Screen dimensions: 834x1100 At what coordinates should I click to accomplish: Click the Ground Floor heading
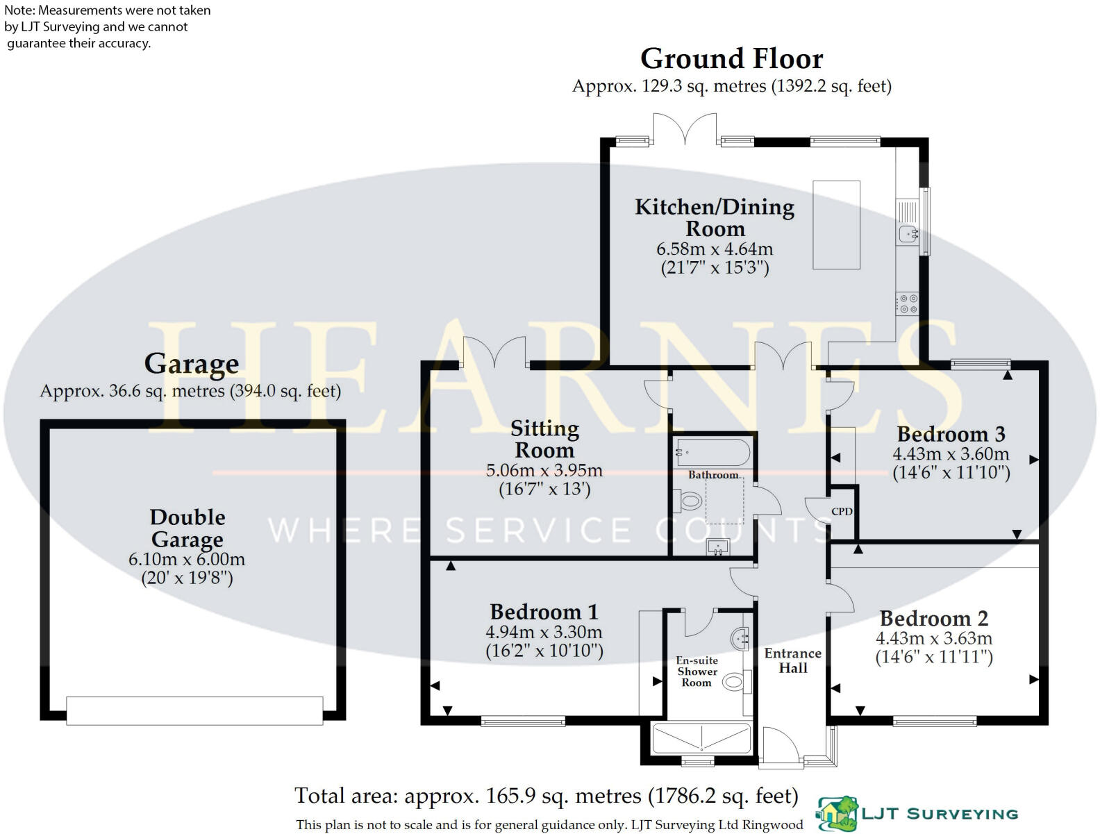point(731,59)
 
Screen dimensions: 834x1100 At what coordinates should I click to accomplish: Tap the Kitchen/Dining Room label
point(715,217)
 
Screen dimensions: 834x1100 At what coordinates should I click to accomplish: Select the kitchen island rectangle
point(836,224)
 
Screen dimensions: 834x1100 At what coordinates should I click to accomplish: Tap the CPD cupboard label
point(842,512)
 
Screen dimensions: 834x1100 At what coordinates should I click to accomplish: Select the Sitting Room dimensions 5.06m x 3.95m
point(544,471)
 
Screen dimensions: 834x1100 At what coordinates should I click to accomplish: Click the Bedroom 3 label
point(951,435)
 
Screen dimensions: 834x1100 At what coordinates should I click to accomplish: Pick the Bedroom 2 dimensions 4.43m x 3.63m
point(933,638)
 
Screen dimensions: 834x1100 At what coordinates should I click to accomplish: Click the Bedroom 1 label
point(544,612)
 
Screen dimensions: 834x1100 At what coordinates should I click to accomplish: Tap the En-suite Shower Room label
point(697,672)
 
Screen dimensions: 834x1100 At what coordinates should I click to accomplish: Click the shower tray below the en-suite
point(701,738)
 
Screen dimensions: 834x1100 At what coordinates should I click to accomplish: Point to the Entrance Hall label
point(792,660)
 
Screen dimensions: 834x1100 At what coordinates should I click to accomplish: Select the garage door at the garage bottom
point(194,711)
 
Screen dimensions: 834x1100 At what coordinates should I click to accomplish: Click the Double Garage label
point(187,528)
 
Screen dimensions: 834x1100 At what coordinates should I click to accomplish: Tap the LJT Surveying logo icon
point(837,814)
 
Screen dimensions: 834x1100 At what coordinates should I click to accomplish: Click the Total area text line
point(546,796)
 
